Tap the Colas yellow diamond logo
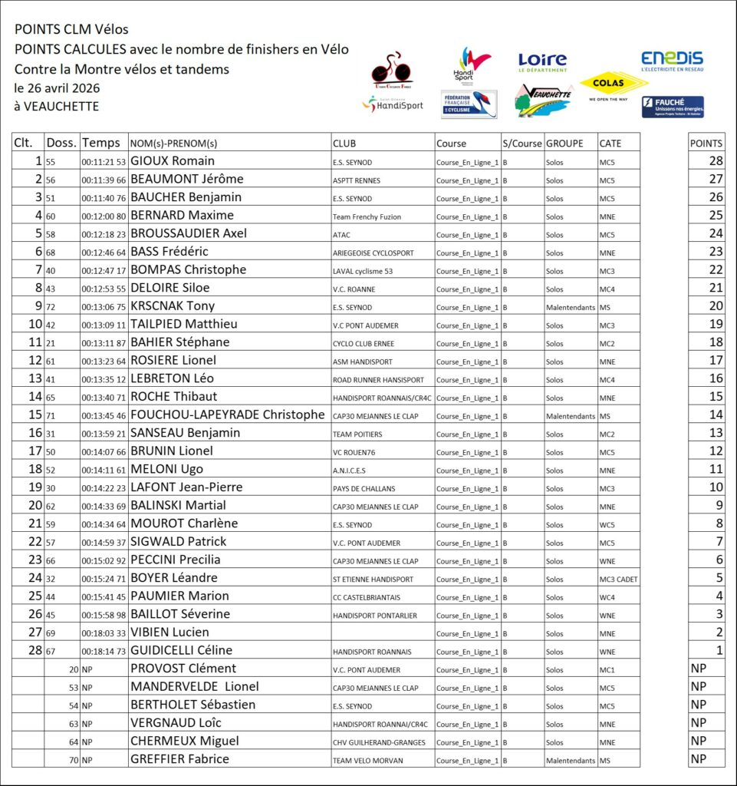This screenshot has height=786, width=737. coord(614,83)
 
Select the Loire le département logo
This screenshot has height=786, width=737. coord(542,61)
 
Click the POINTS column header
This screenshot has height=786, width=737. coord(706,143)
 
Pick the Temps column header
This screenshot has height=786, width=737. coord(101,143)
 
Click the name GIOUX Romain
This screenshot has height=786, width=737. coord(173,161)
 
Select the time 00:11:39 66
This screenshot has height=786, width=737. coord(104,180)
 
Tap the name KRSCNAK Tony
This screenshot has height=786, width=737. coord(173,306)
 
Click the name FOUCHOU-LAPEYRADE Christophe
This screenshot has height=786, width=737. coord(228,414)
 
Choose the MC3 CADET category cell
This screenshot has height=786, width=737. coord(618,579)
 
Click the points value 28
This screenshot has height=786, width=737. coord(716,161)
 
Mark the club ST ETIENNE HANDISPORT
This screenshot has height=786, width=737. coord(373,579)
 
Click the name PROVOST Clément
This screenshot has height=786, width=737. coord(183,669)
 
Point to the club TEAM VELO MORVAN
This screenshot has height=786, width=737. coord(364,760)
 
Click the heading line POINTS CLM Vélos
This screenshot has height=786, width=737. coord(71,29)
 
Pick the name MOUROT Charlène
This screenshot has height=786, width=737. coord(184,523)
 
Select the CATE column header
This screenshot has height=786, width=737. coord(610,143)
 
